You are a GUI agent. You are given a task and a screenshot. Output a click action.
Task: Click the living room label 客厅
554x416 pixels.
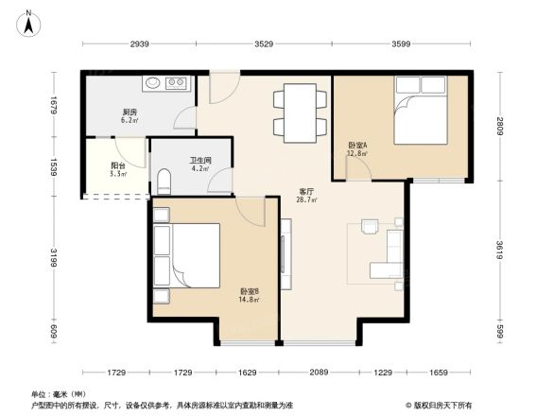click(307, 190)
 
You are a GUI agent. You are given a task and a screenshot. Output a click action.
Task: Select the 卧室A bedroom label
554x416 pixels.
click(357, 145)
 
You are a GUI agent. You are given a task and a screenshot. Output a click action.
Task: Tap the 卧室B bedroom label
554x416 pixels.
click(250, 292)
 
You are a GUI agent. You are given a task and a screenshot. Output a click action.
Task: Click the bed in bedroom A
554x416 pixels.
click(418, 111)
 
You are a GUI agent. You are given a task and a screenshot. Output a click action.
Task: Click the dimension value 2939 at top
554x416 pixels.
click(140, 44)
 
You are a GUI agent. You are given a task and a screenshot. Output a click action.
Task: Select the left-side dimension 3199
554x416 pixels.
click(54, 258)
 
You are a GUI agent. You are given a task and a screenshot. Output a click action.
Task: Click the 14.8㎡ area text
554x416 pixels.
click(250, 302)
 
